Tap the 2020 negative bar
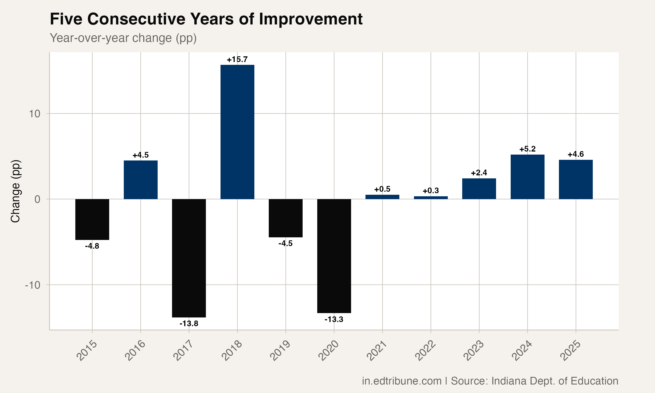coord(334,256)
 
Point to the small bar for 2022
coord(431,198)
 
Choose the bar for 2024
coord(527,177)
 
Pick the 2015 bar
coord(92,219)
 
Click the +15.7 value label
coord(237,59)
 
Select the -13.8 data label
coord(189,323)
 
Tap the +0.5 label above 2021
coord(382,189)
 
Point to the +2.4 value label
coord(479,173)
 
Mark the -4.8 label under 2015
coord(92,246)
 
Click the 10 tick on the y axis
coord(34,114)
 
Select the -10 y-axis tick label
coord(33,285)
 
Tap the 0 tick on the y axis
coord(37,199)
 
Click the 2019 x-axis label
coord(280,350)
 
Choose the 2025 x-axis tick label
coord(571,350)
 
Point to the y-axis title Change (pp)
coord(15,191)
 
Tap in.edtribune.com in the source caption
coord(402,381)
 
